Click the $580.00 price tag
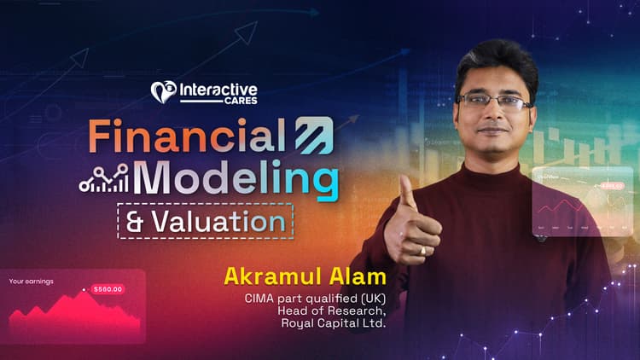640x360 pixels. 108,289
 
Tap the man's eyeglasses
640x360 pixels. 494,101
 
